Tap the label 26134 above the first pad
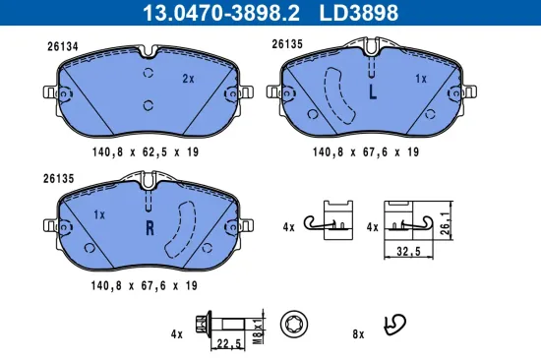pyautogui.click(x=62, y=45)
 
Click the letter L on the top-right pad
pyautogui.click(x=372, y=93)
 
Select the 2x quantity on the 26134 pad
pyautogui.click(x=188, y=78)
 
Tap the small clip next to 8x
pyautogui.click(x=395, y=324)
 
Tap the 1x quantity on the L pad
pyautogui.click(x=421, y=78)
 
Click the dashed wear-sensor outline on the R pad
pyautogui.click(x=183, y=231)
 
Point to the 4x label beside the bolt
pyautogui.click(x=176, y=334)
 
